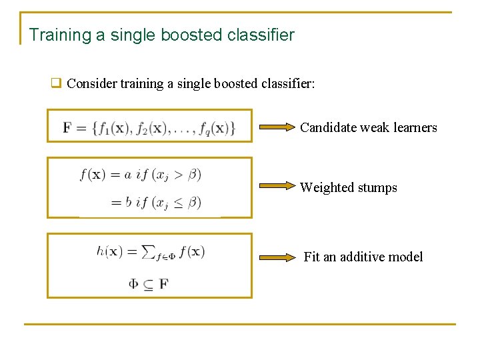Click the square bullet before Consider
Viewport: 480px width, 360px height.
(x=57, y=84)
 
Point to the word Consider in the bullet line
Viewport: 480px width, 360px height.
(x=90, y=84)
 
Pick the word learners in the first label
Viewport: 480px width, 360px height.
(x=414, y=127)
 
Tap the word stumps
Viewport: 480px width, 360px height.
(x=376, y=188)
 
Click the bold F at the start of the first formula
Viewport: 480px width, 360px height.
(x=68, y=127)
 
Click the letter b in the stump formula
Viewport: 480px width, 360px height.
(x=129, y=201)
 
